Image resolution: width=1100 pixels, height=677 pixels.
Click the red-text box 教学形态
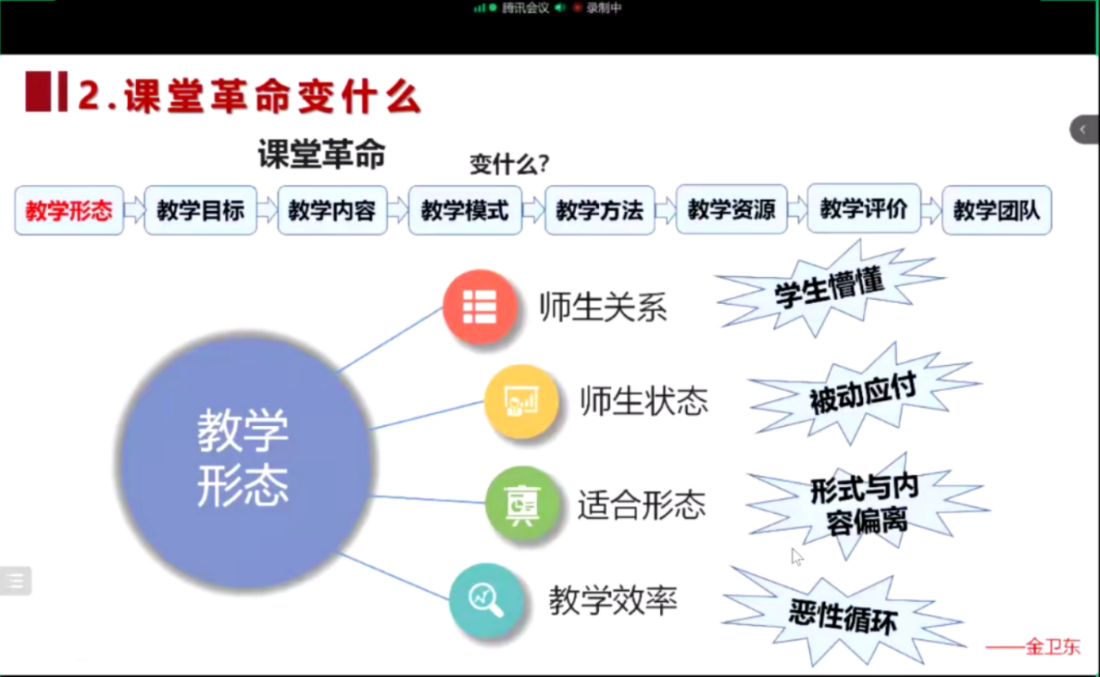pos(68,210)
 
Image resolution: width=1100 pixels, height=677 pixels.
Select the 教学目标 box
pos(200,210)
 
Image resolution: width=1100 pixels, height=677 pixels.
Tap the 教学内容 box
pos(332,210)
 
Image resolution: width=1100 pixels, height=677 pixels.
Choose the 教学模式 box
pos(464,210)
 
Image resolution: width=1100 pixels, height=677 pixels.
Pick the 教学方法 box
pos(600,210)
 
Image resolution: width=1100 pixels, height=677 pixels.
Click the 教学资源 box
pos(731,209)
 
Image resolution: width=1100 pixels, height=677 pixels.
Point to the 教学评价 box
pos(864,209)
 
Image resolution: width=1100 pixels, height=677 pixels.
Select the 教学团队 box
pos(997,210)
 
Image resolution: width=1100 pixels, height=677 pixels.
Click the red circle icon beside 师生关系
pos(480,306)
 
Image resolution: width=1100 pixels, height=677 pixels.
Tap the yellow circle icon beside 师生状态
pos(521,401)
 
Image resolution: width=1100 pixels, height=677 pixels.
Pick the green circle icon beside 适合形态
pos(522,503)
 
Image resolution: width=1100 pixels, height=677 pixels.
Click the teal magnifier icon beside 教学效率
pos(486,600)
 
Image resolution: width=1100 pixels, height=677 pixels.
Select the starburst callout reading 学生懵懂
pos(830,290)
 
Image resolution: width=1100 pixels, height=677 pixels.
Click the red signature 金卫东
pos(1053,647)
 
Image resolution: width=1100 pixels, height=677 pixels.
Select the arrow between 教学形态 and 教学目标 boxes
pos(134,210)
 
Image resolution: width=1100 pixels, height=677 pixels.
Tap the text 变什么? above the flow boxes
pos(509,164)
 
